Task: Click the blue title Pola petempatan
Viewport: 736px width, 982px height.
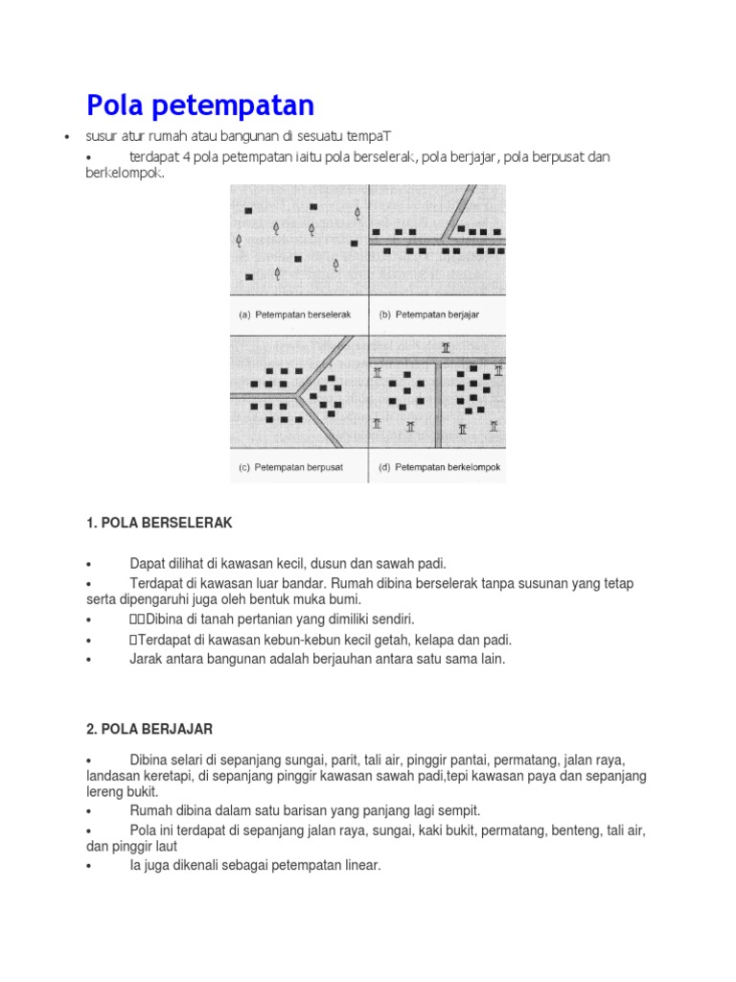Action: point(200,105)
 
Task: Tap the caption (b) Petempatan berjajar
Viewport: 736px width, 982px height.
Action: point(431,314)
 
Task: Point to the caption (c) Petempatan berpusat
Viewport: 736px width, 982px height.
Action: point(290,468)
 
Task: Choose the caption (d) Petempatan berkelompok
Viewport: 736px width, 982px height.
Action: point(440,468)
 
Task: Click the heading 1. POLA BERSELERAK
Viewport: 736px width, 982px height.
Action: point(159,523)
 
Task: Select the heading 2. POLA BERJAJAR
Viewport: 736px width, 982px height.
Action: point(151,730)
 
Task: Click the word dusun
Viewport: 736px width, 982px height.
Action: point(324,563)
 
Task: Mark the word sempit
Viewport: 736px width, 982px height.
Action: point(458,810)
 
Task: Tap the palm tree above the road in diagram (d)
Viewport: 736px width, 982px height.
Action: point(445,348)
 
